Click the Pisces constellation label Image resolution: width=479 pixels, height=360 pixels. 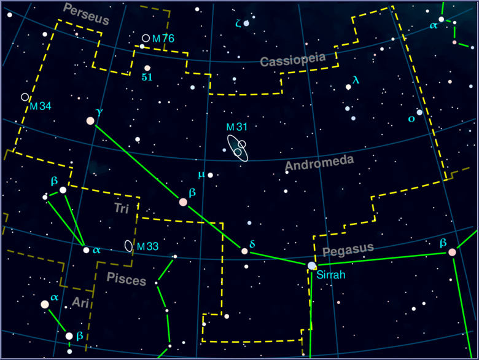click(127, 278)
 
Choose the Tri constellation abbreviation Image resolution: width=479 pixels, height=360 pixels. click(122, 208)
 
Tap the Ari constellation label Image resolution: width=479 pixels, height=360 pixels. click(80, 302)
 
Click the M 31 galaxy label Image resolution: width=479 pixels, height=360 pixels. click(236, 127)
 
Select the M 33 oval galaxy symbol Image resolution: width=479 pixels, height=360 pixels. click(128, 246)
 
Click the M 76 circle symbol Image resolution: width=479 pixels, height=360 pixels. click(146, 38)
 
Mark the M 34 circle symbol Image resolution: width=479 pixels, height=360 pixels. click(25, 97)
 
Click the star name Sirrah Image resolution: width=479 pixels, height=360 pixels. click(331, 275)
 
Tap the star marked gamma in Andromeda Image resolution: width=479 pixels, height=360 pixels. click(91, 121)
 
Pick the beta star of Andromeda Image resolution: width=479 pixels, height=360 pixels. click(183, 202)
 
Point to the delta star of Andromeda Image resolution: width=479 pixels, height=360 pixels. click(244, 251)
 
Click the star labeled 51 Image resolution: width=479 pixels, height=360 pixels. click(147, 68)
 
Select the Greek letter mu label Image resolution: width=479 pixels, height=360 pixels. click(200, 174)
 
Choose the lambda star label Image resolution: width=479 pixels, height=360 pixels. click(356, 80)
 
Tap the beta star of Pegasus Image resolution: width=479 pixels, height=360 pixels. click(452, 252)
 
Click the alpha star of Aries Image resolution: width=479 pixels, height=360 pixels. click(45, 304)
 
